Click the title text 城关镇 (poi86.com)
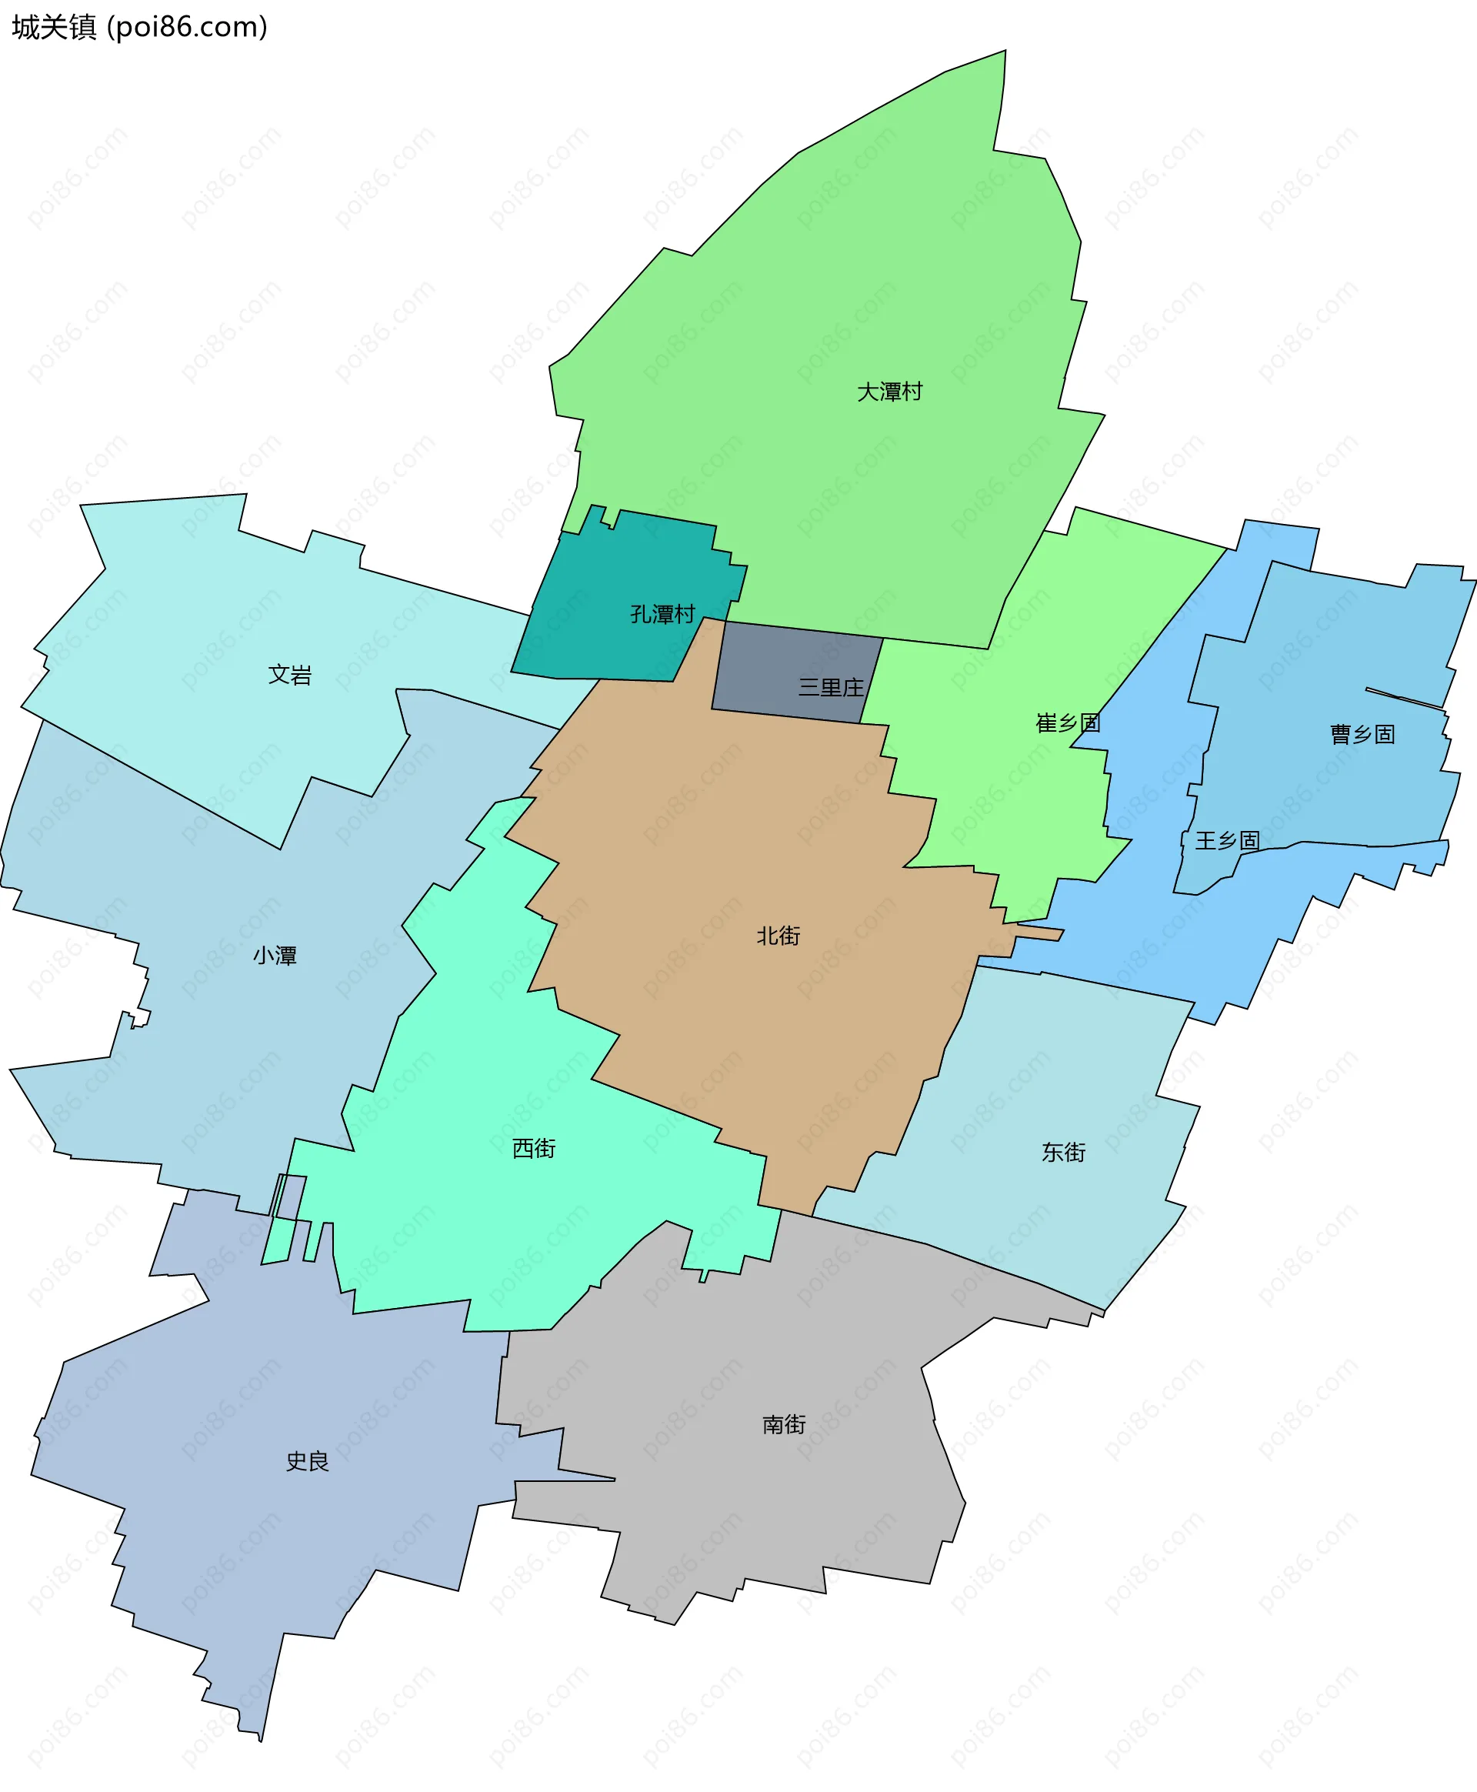pos(139,27)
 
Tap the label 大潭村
pos(889,392)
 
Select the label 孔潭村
pos(662,614)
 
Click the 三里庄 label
pos(830,688)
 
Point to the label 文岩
pos(289,675)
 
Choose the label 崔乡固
pos(1068,723)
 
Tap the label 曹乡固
pos(1362,734)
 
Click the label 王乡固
pos(1227,841)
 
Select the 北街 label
pos(778,936)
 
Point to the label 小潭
pos(275,956)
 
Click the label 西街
pos(533,1149)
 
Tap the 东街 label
pos(1063,1152)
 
